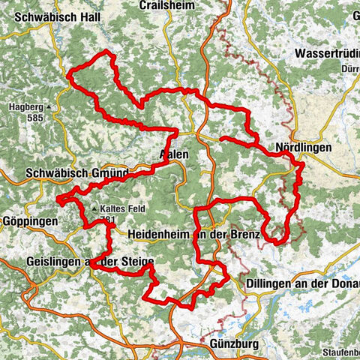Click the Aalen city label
pos(174,154)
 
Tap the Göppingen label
pos(30,223)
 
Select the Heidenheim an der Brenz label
pos(193,235)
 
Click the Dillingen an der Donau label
pos(303,286)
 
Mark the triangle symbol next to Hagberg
pos(49,106)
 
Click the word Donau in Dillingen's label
pos(343,286)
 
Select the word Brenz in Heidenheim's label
pos(243,235)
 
